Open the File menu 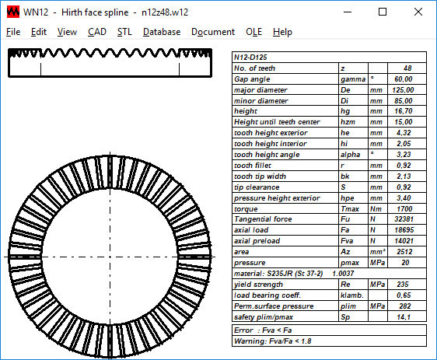(x=13, y=32)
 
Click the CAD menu (x=97, y=32)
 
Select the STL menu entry (x=124, y=32)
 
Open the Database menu (x=162, y=32)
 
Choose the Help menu (x=282, y=32)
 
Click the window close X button (x=418, y=12)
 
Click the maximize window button (x=383, y=12)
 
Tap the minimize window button (x=348, y=12)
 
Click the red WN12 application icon (x=13, y=12)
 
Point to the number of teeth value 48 (x=407, y=68)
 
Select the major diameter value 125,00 (x=403, y=90)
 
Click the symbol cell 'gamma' (x=353, y=79)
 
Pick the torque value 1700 (x=404, y=209)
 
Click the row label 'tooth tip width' (x=260, y=177)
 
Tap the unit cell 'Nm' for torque (x=376, y=209)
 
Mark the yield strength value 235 (x=403, y=285)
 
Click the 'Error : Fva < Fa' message (x=263, y=330)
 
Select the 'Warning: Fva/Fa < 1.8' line (x=273, y=341)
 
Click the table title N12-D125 (x=250, y=58)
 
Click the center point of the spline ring (x=110, y=257)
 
